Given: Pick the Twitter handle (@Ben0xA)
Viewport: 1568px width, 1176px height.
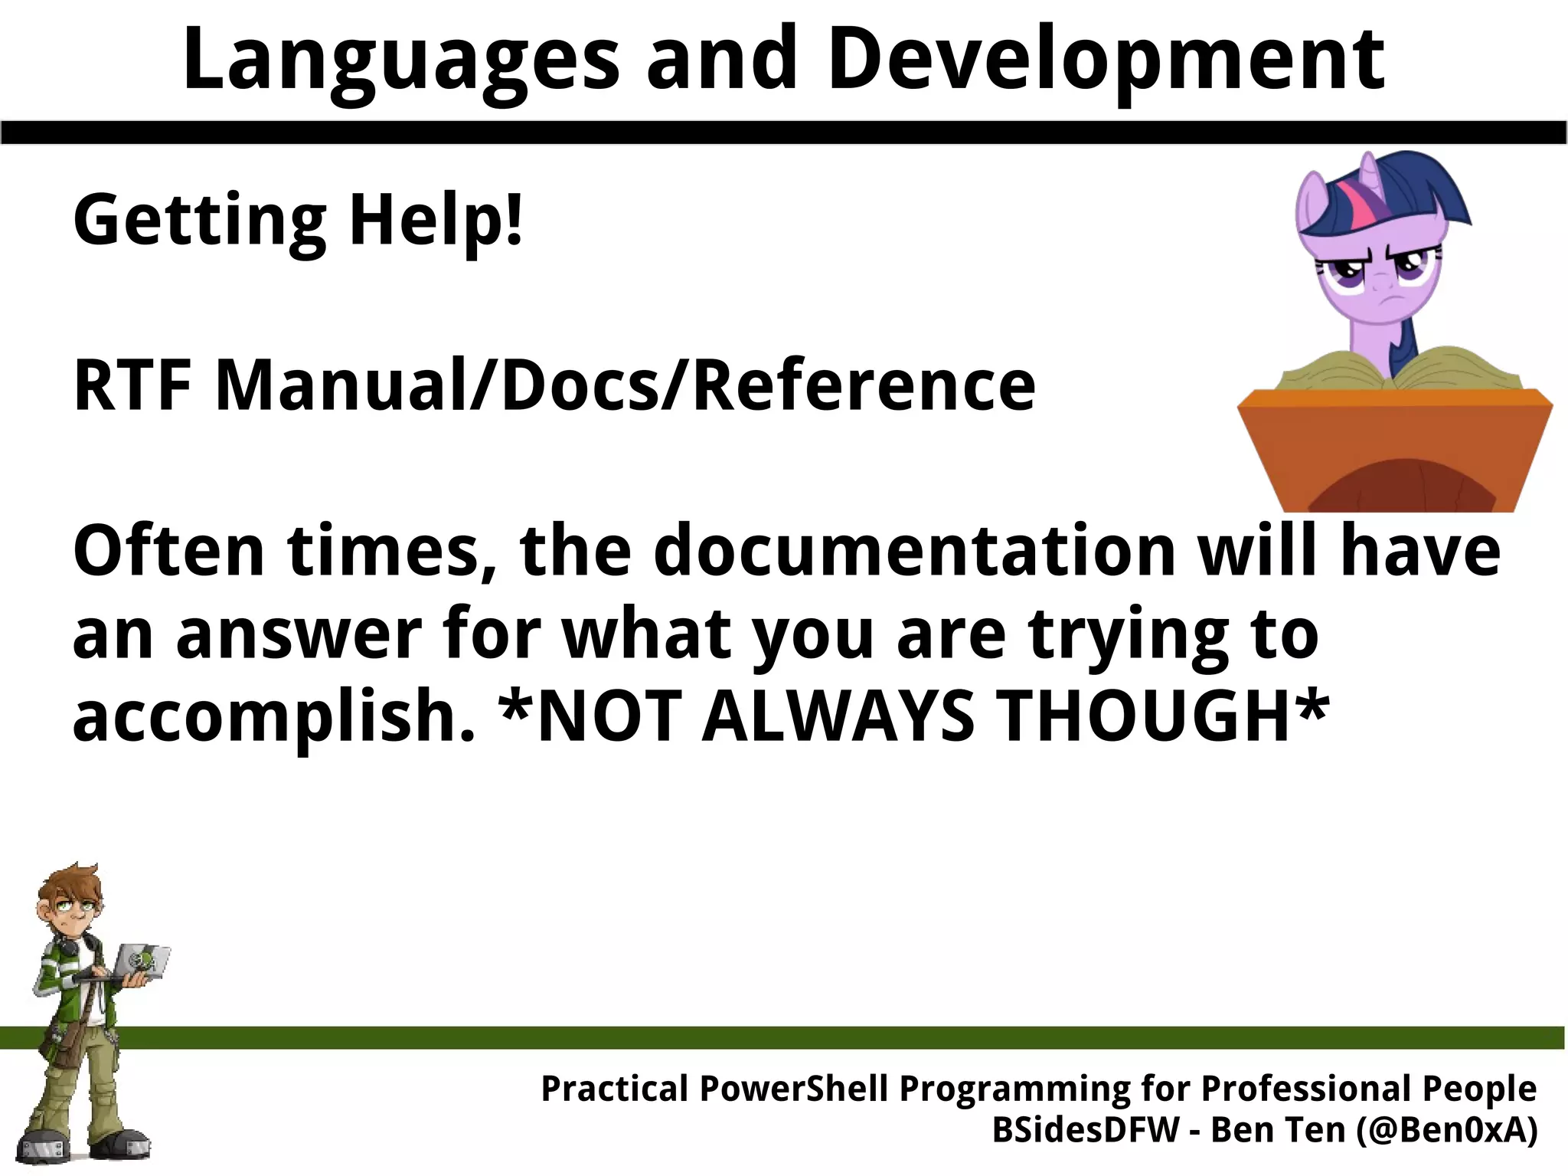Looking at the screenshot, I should (x=1446, y=1130).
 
